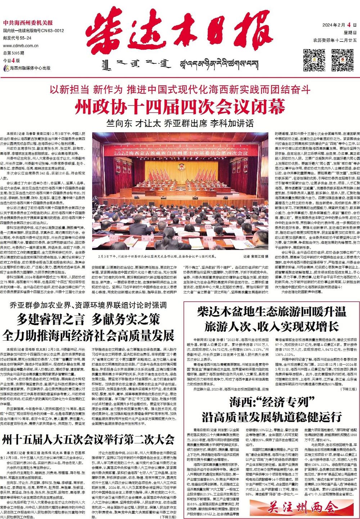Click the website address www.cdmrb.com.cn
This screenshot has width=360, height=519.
[x=18, y=46]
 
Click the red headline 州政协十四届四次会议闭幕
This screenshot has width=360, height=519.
[x=180, y=106]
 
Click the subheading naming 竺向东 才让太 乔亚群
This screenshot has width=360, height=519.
[x=180, y=122]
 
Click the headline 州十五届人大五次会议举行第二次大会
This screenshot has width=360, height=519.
[x=88, y=440]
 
